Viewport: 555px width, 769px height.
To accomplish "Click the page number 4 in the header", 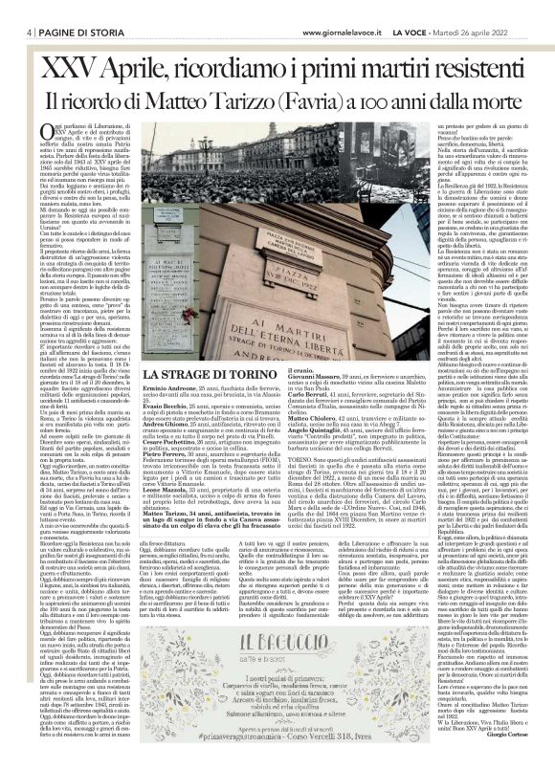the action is coord(18,8).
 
